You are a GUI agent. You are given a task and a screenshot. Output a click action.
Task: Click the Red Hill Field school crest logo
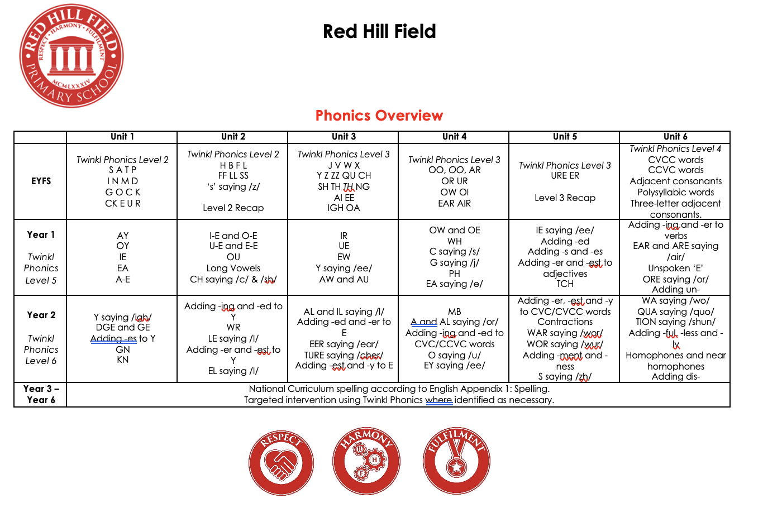(x=71, y=56)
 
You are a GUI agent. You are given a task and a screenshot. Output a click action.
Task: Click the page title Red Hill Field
(x=379, y=31)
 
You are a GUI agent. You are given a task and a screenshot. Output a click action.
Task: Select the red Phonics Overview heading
(x=379, y=116)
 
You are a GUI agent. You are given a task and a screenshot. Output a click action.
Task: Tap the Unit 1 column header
(x=122, y=137)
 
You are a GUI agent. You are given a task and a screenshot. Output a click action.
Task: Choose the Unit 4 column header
(x=454, y=137)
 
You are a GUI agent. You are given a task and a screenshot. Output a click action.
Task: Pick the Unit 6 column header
(x=675, y=137)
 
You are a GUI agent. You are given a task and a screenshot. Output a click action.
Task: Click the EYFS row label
(x=41, y=181)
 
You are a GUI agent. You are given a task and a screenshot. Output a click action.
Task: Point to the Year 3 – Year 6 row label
(x=41, y=394)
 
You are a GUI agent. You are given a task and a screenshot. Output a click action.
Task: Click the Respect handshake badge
(x=281, y=462)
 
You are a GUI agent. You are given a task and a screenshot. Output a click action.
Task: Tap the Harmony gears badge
(x=366, y=462)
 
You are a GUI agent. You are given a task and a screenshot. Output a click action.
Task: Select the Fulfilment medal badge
(x=456, y=462)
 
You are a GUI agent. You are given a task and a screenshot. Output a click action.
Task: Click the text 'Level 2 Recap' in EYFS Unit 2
(x=233, y=208)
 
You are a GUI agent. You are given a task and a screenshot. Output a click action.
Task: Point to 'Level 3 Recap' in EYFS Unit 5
(x=565, y=198)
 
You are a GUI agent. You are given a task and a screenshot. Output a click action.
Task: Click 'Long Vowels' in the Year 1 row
(x=233, y=268)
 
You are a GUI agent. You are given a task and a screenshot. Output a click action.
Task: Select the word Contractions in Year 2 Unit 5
(x=565, y=322)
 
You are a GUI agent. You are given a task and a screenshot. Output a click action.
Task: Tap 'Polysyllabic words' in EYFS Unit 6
(x=675, y=192)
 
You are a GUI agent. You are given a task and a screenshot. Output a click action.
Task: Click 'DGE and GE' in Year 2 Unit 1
(x=122, y=327)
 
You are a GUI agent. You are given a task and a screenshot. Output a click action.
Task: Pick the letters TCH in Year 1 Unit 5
(x=565, y=284)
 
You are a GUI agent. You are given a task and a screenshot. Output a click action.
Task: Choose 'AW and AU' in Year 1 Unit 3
(x=344, y=279)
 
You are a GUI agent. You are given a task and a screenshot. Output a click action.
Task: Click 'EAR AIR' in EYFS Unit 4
(x=454, y=203)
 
